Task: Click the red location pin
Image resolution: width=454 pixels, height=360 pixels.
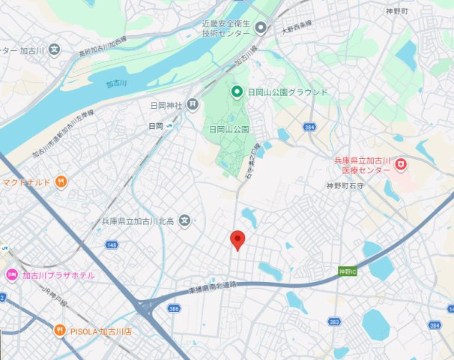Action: [x=238, y=240]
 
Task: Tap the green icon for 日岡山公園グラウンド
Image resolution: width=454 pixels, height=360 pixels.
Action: [x=237, y=92]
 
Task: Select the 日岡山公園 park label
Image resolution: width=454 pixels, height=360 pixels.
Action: [x=228, y=129]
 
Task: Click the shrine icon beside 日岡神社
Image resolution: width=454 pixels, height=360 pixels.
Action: [x=193, y=104]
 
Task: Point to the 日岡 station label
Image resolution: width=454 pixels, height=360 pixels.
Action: [x=156, y=126]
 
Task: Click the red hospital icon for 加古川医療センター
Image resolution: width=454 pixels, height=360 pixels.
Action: [x=401, y=163]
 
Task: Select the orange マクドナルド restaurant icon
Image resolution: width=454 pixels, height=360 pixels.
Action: [x=61, y=181]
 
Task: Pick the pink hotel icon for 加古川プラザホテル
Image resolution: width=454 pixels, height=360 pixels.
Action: [x=11, y=275]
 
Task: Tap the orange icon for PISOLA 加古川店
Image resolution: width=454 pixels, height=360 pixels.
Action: [x=59, y=331]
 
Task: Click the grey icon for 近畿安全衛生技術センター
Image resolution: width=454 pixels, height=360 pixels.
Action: [x=261, y=28]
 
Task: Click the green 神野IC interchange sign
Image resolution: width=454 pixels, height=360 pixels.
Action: [x=346, y=270]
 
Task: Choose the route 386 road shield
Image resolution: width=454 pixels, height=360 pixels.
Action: [x=175, y=308]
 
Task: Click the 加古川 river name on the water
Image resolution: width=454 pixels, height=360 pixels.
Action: [x=117, y=83]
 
